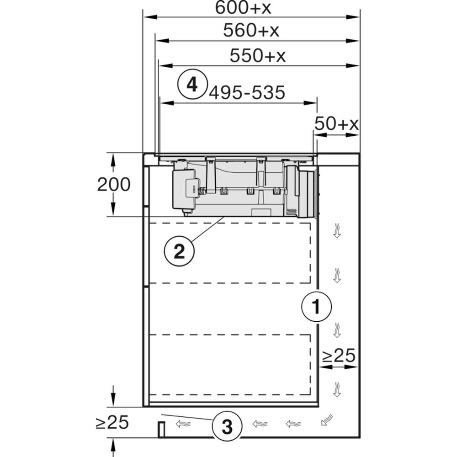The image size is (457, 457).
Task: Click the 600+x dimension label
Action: [x=243, y=8]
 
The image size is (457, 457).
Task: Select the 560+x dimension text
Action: [x=251, y=30]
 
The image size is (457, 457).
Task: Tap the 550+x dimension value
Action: [x=258, y=55]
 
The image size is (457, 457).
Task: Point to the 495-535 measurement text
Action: [x=247, y=93]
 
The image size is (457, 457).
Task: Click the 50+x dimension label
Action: [x=336, y=123]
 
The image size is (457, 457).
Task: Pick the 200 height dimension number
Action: [x=114, y=185]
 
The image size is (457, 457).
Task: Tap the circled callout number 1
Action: [x=316, y=307]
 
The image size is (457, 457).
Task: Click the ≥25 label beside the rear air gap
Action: [x=338, y=355]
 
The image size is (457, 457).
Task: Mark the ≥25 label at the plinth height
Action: [x=112, y=422]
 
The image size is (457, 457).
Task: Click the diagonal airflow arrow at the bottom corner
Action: [x=327, y=420]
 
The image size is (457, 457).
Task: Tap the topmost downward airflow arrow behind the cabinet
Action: [x=337, y=230]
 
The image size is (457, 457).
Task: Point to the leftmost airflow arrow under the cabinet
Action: [x=183, y=424]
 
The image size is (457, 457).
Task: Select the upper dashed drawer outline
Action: [x=230, y=253]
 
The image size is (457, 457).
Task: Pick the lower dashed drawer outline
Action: [x=230, y=365]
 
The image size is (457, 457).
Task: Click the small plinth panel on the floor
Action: [x=161, y=429]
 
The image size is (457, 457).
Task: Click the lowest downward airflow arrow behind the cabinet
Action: [x=337, y=389]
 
